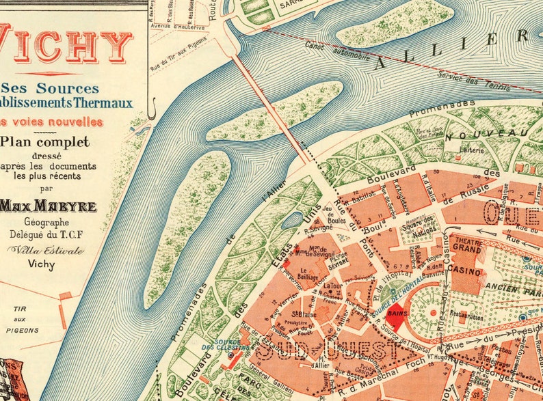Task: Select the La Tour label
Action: point(333,286)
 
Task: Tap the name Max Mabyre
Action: point(48,206)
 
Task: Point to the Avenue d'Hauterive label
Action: point(180,28)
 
